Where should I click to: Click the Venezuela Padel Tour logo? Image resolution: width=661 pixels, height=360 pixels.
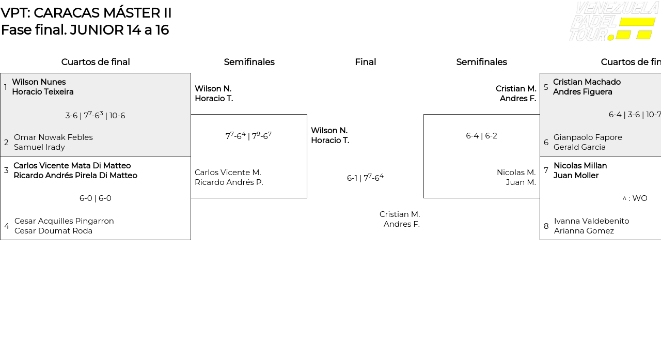tap(613, 22)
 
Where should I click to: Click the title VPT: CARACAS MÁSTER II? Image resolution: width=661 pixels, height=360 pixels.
tap(86, 13)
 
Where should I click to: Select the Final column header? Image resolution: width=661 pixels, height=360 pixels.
tap(365, 62)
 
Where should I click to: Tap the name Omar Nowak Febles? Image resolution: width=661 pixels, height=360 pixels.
tap(53, 137)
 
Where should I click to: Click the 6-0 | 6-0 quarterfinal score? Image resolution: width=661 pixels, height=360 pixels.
tap(96, 198)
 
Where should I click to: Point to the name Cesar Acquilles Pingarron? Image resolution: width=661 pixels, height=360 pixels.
tap(64, 221)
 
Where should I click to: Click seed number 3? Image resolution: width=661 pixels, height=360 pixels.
tap(6, 170)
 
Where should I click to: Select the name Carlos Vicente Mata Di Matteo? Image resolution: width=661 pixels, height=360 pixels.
tap(72, 166)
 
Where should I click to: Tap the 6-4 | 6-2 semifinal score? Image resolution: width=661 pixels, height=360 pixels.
tap(481, 136)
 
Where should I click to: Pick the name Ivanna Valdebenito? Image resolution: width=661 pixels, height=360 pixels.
tap(591, 221)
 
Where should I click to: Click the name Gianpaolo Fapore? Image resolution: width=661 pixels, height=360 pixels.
tap(588, 137)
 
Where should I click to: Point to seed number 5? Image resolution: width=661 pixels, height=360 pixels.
tap(546, 87)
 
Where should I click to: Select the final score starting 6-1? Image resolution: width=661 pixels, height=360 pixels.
tap(365, 178)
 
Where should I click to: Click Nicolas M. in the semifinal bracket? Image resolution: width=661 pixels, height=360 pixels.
tap(516, 173)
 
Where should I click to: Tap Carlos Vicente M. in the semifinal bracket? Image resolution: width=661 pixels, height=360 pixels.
tap(228, 173)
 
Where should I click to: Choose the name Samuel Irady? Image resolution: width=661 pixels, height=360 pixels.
tap(39, 147)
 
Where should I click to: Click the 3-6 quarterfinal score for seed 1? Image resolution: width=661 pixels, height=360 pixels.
tap(95, 115)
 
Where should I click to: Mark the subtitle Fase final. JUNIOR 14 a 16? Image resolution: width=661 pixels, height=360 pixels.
tap(85, 30)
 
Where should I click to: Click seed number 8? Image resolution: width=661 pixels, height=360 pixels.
tap(546, 226)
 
